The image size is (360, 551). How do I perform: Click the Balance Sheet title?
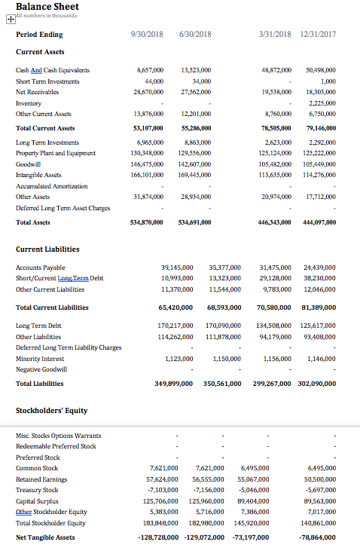[x=47, y=6]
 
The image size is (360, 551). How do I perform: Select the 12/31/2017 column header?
[x=317, y=34]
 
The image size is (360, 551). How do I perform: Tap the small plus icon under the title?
[x=11, y=20]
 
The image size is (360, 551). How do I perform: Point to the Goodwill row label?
[x=29, y=164]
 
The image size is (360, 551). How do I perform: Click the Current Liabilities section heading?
[x=47, y=249]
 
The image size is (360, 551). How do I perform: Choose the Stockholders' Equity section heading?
[x=52, y=410]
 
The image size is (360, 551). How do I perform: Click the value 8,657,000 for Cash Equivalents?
[x=149, y=70]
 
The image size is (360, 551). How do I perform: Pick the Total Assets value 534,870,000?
[x=145, y=222]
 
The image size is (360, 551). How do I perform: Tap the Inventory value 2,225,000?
[x=322, y=103]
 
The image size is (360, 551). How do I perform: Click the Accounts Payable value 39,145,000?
[x=177, y=268]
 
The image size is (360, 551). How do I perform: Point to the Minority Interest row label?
[x=40, y=359]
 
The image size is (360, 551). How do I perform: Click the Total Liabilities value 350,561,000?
[x=222, y=384]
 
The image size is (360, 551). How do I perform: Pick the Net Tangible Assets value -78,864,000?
[x=317, y=537]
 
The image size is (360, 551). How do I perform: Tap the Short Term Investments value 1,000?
[x=328, y=81]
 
